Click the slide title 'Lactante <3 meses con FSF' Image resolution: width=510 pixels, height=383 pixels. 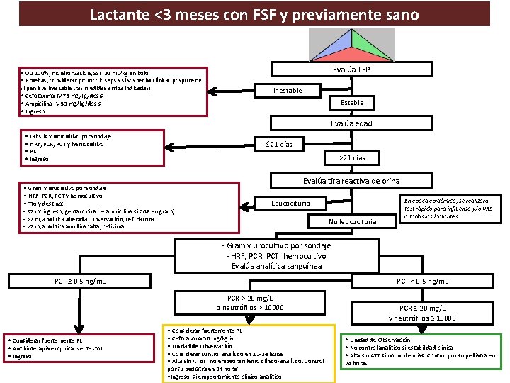tap(254, 14)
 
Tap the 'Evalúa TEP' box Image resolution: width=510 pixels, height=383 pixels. tap(352, 70)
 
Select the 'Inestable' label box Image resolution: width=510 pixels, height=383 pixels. tap(288, 90)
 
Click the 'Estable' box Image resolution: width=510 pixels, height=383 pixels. tap(352, 103)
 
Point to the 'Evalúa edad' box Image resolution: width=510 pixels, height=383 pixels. tap(352, 123)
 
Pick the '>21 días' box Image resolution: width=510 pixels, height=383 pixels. tap(353, 158)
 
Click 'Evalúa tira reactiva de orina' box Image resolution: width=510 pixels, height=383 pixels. tap(351, 181)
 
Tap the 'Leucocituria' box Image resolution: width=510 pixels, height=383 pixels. tap(291, 204)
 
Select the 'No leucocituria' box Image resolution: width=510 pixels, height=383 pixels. tap(351, 222)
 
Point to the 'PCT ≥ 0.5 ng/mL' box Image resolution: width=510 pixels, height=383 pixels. tap(81, 282)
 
